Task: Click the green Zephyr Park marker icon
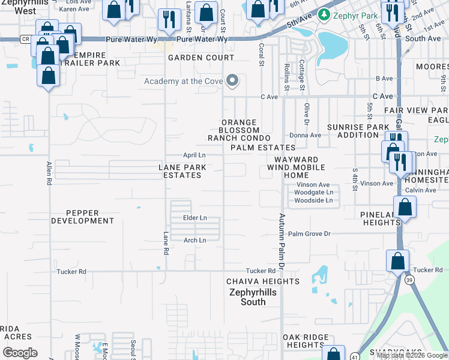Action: tap(325, 13)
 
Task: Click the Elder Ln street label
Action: tap(195, 217)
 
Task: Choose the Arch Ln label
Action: tap(194, 240)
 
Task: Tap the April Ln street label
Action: tap(194, 155)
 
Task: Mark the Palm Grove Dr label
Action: tap(309, 233)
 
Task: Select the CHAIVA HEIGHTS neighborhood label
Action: tap(262, 281)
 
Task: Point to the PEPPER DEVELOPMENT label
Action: tap(82, 217)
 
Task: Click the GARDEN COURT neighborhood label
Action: tap(200, 58)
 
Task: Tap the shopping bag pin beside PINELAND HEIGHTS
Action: tap(406, 207)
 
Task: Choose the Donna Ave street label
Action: tap(306, 135)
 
